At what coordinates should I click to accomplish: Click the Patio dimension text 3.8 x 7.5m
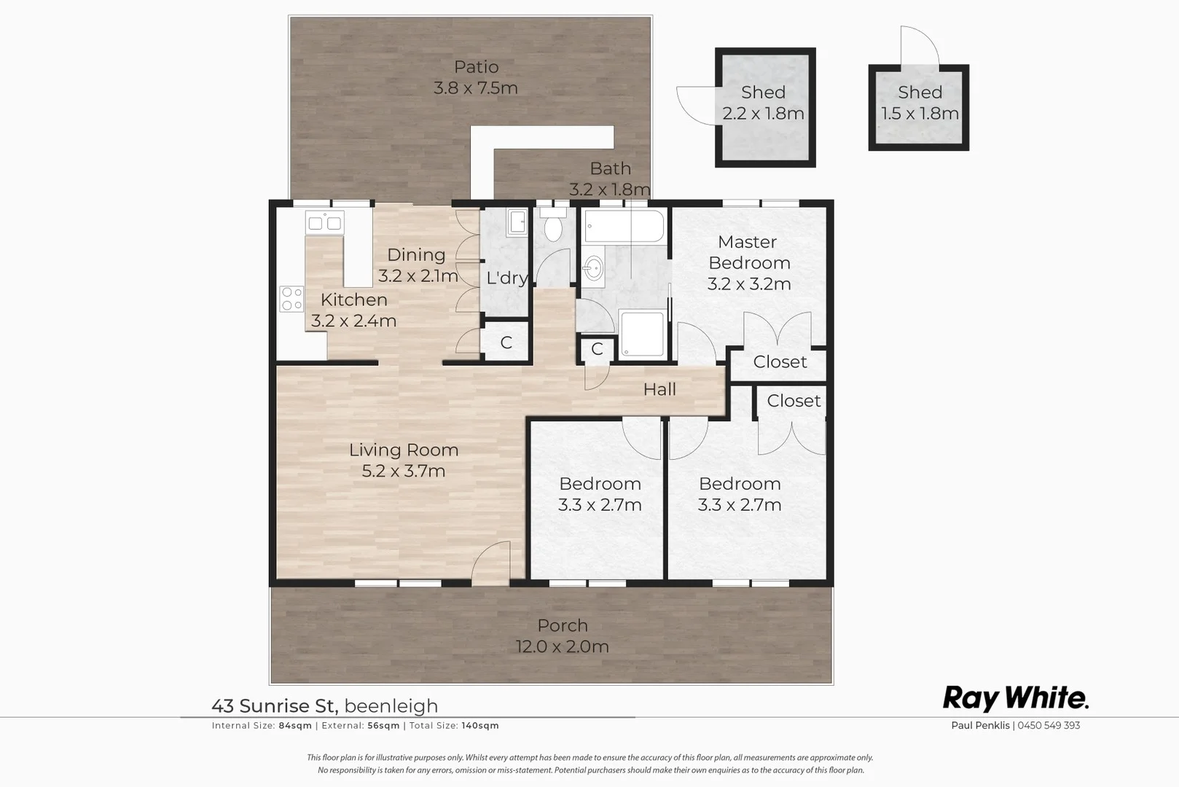click(476, 88)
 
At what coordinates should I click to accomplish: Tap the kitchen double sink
click(324, 222)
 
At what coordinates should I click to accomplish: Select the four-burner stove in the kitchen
click(291, 299)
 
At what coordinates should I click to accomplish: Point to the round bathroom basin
click(593, 269)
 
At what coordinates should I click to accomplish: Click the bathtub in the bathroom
click(624, 227)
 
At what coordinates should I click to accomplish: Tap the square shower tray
click(642, 334)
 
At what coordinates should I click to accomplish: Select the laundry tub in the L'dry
click(517, 222)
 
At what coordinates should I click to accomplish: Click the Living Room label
click(403, 450)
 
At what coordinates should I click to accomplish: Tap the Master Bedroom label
click(748, 252)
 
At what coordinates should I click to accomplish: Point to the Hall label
click(659, 390)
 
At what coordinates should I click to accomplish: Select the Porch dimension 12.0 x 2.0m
click(562, 646)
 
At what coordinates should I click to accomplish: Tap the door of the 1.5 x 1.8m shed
click(920, 47)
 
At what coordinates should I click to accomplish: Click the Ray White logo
click(1015, 698)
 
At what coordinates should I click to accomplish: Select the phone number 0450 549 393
click(1049, 726)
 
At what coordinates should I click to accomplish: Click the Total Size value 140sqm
click(480, 726)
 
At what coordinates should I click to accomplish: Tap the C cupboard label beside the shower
click(597, 349)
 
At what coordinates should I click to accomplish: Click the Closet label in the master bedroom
click(780, 362)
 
